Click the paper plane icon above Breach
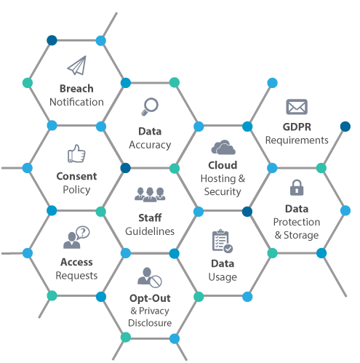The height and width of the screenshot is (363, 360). point(77,65)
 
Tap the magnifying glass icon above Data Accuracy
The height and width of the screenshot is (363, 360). point(150,107)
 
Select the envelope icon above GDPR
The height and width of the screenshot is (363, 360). point(297,107)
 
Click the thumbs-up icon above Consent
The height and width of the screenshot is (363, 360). point(76,153)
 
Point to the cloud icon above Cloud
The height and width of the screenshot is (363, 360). point(223,147)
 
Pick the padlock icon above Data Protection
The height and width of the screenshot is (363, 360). point(297,188)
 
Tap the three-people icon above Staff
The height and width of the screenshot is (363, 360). point(150,194)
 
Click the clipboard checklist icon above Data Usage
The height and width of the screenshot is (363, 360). point(223,241)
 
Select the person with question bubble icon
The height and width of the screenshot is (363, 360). point(76,237)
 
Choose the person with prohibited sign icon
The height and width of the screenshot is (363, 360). point(150,277)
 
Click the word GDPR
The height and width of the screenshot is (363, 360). point(297,127)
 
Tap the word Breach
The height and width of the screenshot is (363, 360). point(76,89)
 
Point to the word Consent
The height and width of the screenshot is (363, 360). point(76,176)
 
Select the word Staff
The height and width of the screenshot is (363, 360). point(150,218)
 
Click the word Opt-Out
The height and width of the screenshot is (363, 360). point(150,298)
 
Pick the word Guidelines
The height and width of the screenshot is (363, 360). point(150,231)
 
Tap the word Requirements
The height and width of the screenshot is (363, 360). point(297,140)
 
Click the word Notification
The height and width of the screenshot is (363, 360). point(76,102)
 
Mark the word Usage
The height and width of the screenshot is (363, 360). point(223,277)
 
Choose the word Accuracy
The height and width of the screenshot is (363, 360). point(150,145)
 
